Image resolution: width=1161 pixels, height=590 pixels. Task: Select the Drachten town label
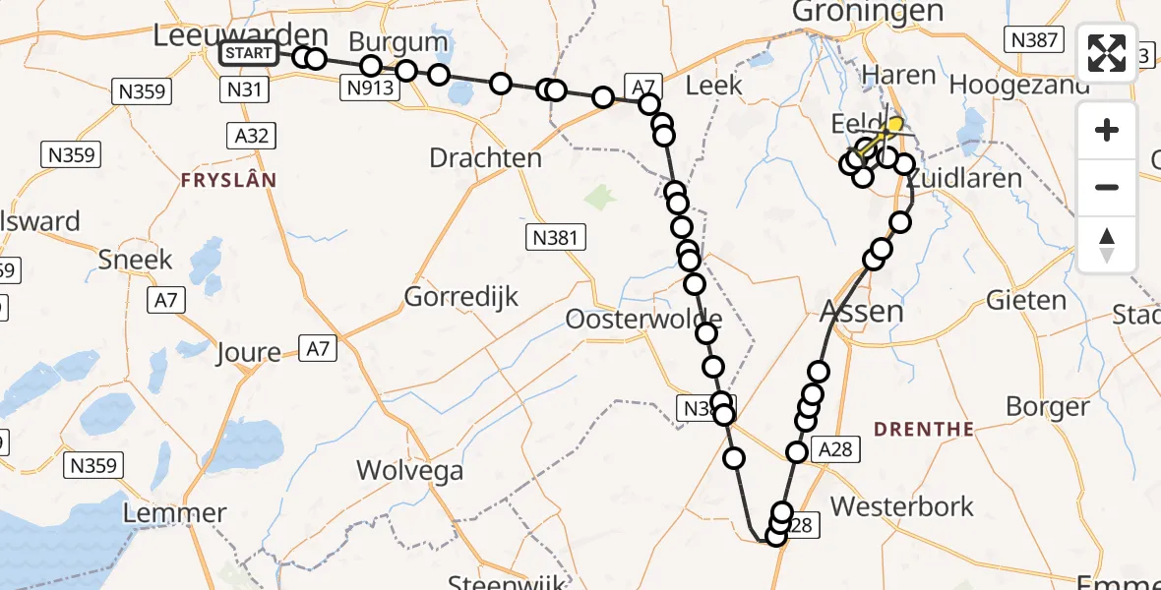[485, 157]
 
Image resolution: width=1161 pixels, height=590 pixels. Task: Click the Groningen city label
[868, 12]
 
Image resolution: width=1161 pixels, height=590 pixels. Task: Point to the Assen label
[861, 312]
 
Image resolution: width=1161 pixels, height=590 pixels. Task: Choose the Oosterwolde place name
[643, 320]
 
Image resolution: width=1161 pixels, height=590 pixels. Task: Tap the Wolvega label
[409, 470]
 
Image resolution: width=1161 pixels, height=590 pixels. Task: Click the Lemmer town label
[176, 512]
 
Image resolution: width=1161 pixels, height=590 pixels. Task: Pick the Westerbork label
[902, 506]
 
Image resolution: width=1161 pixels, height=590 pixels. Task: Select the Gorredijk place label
[461, 296]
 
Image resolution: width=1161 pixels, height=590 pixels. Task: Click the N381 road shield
[556, 236]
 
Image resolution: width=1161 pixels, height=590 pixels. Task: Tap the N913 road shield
[370, 88]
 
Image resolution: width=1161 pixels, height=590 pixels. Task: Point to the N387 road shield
[1033, 39]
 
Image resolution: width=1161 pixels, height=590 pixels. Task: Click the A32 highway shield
[253, 135]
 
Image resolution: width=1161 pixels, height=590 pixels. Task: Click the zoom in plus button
[1107, 130]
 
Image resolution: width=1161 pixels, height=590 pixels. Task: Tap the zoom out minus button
[1107, 187]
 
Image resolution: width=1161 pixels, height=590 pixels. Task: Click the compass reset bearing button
[1107, 244]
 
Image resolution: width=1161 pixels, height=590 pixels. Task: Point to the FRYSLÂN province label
[228, 180]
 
